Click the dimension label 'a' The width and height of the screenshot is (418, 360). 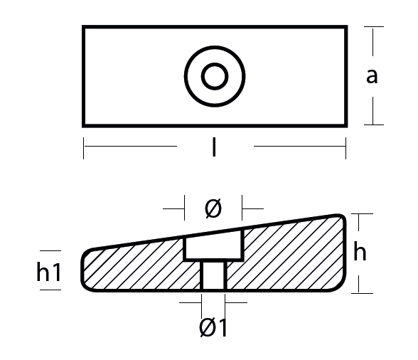click(x=372, y=75)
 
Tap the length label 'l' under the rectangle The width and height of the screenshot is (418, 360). click(x=215, y=148)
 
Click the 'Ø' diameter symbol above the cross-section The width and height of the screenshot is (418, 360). click(x=213, y=209)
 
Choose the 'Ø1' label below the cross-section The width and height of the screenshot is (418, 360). click(x=214, y=328)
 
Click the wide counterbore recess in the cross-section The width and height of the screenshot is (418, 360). click(x=214, y=247)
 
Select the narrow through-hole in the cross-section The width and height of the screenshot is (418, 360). click(x=213, y=275)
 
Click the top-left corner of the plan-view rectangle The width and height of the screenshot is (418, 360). click(x=84, y=27)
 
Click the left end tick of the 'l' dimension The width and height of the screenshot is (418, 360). click(x=84, y=148)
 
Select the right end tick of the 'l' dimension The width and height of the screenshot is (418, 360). click(x=346, y=148)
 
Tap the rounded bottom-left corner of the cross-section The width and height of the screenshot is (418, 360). click(x=87, y=285)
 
